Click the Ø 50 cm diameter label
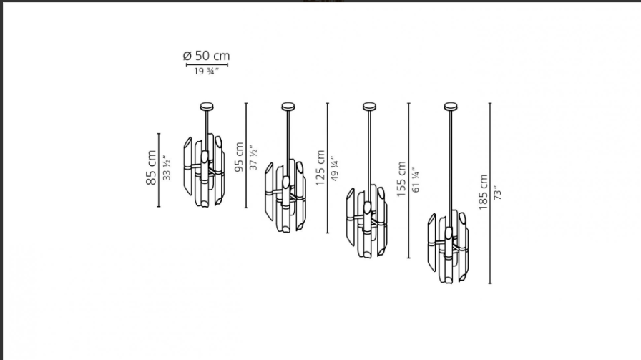pyautogui.click(x=207, y=56)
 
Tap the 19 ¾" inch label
pyautogui.click(x=206, y=72)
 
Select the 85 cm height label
pyautogui.click(x=151, y=167)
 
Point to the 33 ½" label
pyautogui.click(x=167, y=167)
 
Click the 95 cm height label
pyautogui.click(x=239, y=157)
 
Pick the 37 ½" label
pyautogui.click(x=254, y=157)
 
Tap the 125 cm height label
pyautogui.click(x=320, y=167)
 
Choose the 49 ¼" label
pyautogui.click(x=335, y=168)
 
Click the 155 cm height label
pyautogui.click(x=401, y=179)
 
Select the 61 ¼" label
pyautogui.click(x=416, y=180)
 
